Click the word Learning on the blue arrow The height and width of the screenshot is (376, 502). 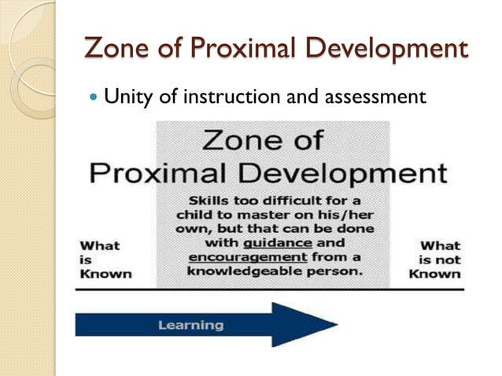pos(190,325)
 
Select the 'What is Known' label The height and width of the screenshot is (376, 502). pos(105,260)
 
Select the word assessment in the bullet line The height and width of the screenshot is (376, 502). pos(372,98)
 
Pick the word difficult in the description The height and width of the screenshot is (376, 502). pos(292,200)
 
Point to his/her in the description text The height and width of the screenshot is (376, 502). pos(346,214)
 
